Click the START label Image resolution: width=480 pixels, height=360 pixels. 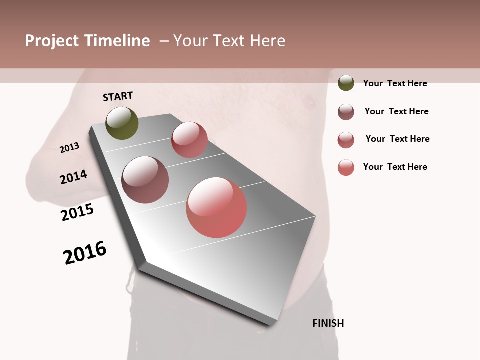tap(118, 96)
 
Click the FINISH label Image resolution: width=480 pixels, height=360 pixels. tap(328, 323)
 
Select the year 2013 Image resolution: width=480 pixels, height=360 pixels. tap(70, 148)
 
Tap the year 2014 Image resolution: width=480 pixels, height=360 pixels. tap(74, 177)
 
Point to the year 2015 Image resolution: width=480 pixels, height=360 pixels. tap(77, 212)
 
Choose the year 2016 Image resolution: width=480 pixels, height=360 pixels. tap(85, 253)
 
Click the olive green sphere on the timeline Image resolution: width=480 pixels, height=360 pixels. tap(122, 123)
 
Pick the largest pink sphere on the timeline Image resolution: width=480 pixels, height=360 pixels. tap(216, 207)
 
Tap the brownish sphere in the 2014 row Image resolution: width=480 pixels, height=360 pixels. tap(145, 180)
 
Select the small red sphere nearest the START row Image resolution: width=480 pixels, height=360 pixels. tap(189, 140)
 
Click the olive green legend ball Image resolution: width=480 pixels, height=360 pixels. tap(346, 83)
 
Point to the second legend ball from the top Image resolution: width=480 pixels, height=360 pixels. tap(346, 112)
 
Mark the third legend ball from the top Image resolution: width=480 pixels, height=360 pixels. tap(346, 140)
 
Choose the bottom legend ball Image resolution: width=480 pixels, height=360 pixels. tap(346, 167)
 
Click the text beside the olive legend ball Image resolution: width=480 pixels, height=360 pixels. tap(395, 83)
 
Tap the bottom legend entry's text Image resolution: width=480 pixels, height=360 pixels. tap(395, 167)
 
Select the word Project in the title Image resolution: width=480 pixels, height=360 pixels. tap(52, 41)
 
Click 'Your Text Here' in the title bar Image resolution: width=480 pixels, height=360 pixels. tap(229, 41)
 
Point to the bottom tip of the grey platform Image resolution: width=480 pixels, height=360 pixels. tap(270, 325)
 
